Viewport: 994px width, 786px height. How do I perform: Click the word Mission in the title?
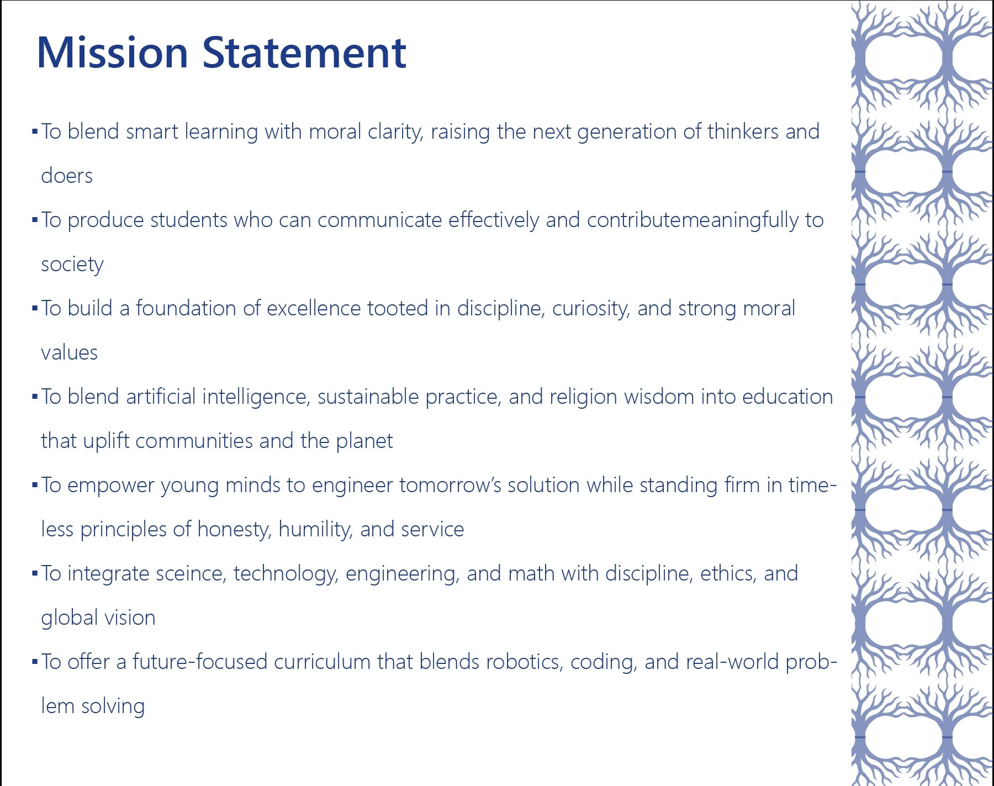point(113,52)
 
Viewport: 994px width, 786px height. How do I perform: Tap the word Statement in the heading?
point(304,52)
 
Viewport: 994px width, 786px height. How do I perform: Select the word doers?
point(67,176)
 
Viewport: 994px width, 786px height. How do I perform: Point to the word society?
point(72,265)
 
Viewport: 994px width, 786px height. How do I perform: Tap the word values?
point(69,352)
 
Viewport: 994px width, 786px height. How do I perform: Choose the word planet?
point(364,441)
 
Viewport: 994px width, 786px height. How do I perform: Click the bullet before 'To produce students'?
point(35,220)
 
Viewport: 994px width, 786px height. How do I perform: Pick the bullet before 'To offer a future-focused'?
point(35,662)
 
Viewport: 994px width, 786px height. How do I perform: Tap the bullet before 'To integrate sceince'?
point(35,574)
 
